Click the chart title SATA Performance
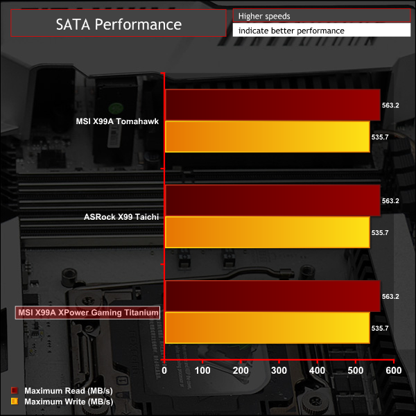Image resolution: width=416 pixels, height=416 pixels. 118,25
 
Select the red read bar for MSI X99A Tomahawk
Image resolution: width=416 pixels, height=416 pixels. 272,105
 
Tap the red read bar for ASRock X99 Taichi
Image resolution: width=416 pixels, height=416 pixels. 272,200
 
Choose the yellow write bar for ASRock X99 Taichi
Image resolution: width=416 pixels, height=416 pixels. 268,232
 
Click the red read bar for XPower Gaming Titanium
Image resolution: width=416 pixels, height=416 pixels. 272,296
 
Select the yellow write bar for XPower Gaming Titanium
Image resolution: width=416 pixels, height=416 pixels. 268,328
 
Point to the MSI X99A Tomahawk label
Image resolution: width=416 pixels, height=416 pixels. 117,121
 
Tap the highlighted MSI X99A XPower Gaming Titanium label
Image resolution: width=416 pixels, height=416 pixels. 87,313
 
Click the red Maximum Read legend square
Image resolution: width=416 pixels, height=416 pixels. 14,390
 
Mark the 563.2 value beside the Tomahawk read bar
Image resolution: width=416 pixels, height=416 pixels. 390,105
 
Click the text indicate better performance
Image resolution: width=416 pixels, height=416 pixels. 291,31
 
